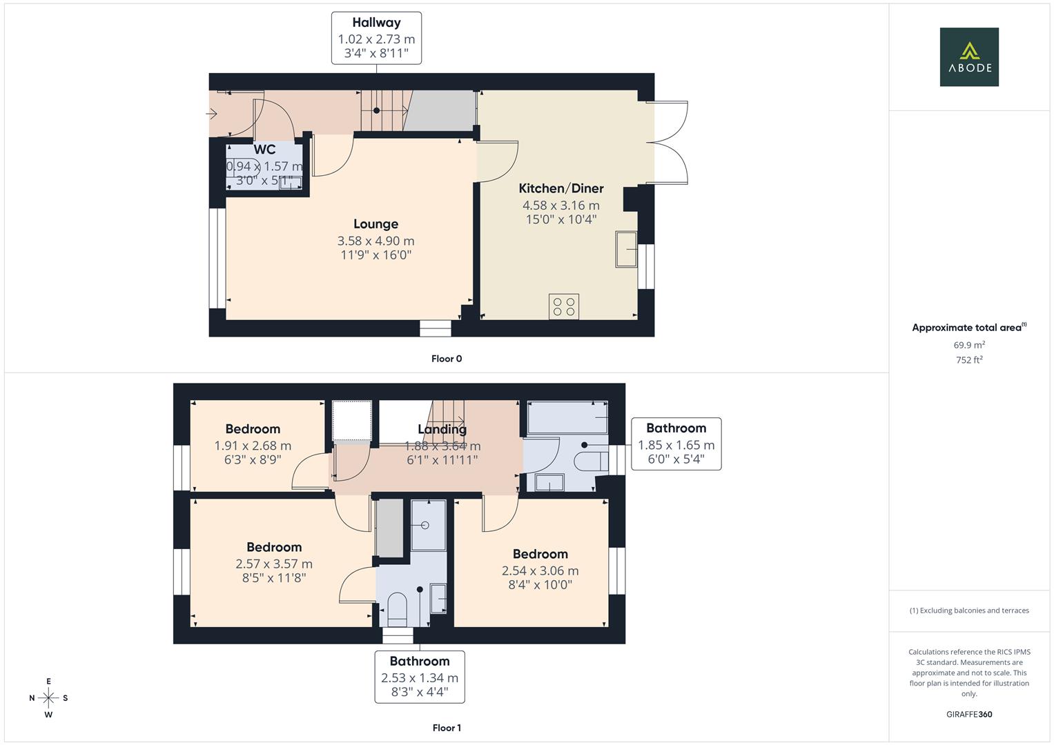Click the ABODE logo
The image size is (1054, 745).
(x=968, y=57)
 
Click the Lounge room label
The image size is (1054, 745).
(x=375, y=223)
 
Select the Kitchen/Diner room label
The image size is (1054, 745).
(x=560, y=188)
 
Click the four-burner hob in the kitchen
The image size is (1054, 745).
(x=564, y=306)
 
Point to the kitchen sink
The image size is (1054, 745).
(x=627, y=248)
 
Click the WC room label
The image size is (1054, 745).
(x=264, y=150)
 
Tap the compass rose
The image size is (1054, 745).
(x=48, y=698)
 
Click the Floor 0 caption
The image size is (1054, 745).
(x=446, y=359)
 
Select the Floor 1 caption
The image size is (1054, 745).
(x=446, y=728)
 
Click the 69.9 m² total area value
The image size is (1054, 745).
(x=969, y=345)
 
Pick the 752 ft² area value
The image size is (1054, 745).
(x=969, y=360)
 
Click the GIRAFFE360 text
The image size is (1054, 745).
(x=969, y=714)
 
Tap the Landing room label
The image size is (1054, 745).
(x=442, y=430)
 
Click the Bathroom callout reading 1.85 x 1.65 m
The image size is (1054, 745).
(x=676, y=444)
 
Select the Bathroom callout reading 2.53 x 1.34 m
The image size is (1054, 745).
(x=419, y=677)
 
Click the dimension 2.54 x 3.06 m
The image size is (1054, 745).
(x=540, y=570)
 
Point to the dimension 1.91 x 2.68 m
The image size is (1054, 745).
(x=253, y=446)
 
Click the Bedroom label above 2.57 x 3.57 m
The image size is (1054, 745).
(x=274, y=547)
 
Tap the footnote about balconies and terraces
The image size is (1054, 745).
(x=969, y=610)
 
